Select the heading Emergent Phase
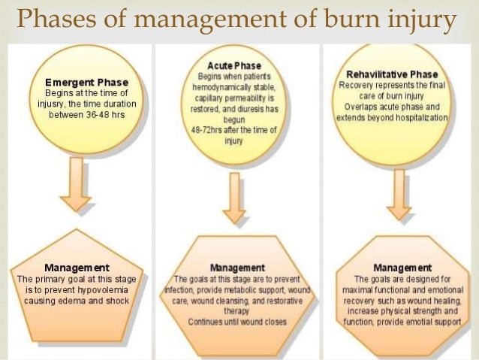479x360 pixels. tap(87, 81)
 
